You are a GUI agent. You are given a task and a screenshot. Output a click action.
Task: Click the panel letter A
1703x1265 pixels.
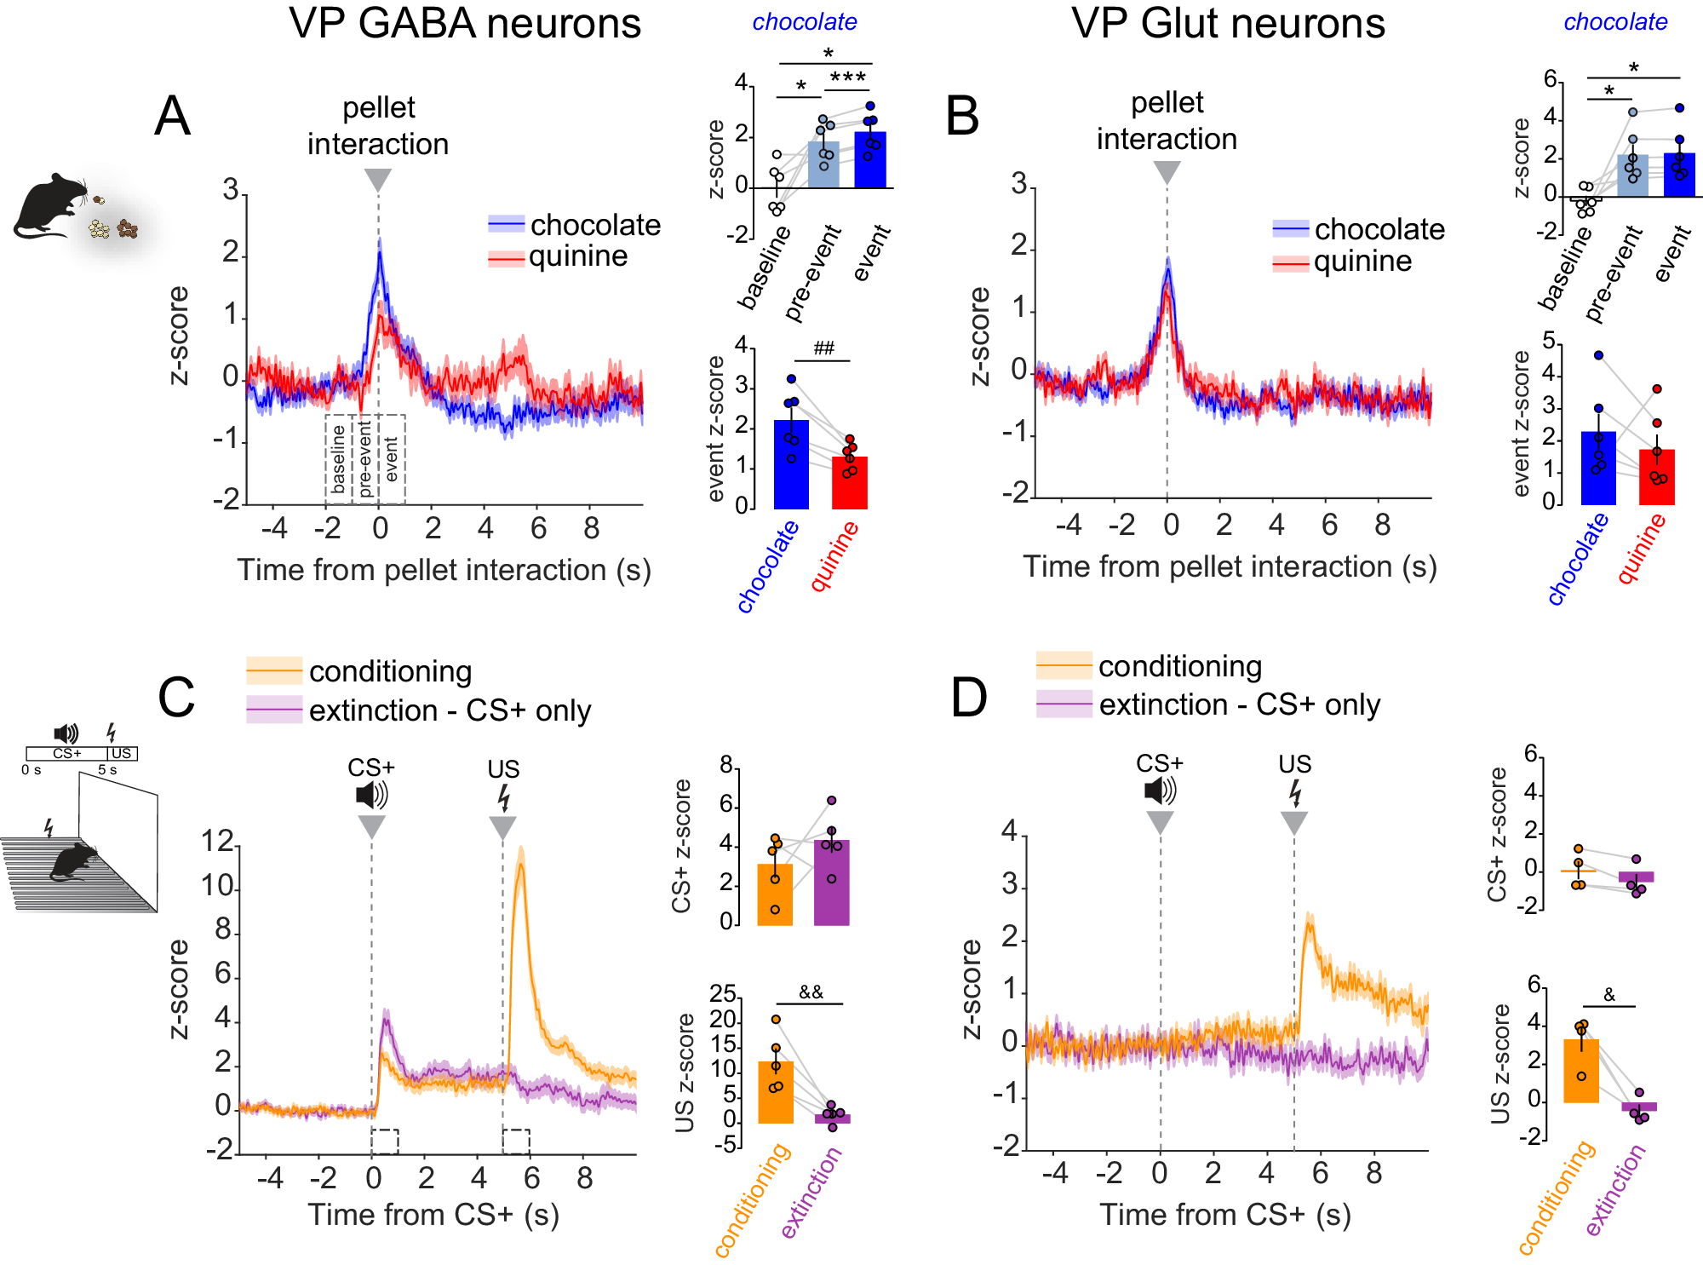pos(172,116)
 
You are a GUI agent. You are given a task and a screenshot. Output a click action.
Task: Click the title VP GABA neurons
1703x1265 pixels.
pos(465,24)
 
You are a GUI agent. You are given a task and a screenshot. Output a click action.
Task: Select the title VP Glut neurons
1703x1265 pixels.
pos(1228,24)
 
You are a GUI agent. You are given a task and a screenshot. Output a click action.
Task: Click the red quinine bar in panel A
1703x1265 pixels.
pos(849,483)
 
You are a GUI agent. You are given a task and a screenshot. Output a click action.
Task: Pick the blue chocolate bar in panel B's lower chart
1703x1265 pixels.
pos(1598,469)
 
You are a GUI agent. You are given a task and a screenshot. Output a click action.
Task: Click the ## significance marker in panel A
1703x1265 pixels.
pos(823,348)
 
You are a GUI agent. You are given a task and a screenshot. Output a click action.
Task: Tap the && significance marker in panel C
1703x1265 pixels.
pos(811,992)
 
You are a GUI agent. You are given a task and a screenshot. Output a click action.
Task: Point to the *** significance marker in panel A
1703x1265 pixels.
pos(848,78)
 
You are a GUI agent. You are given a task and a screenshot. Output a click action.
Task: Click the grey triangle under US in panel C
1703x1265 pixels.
pos(502,827)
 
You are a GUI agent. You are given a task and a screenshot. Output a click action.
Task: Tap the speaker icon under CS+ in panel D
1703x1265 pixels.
pos(1160,791)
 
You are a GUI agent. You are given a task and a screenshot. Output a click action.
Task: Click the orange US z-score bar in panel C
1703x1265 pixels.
pos(775,1092)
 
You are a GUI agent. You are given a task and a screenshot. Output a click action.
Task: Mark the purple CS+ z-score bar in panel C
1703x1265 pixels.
pos(832,883)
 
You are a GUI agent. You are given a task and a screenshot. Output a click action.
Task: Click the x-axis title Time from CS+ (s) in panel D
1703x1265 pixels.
pos(1225,1214)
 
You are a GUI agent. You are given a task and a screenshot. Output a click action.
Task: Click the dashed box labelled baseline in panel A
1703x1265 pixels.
pos(338,458)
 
